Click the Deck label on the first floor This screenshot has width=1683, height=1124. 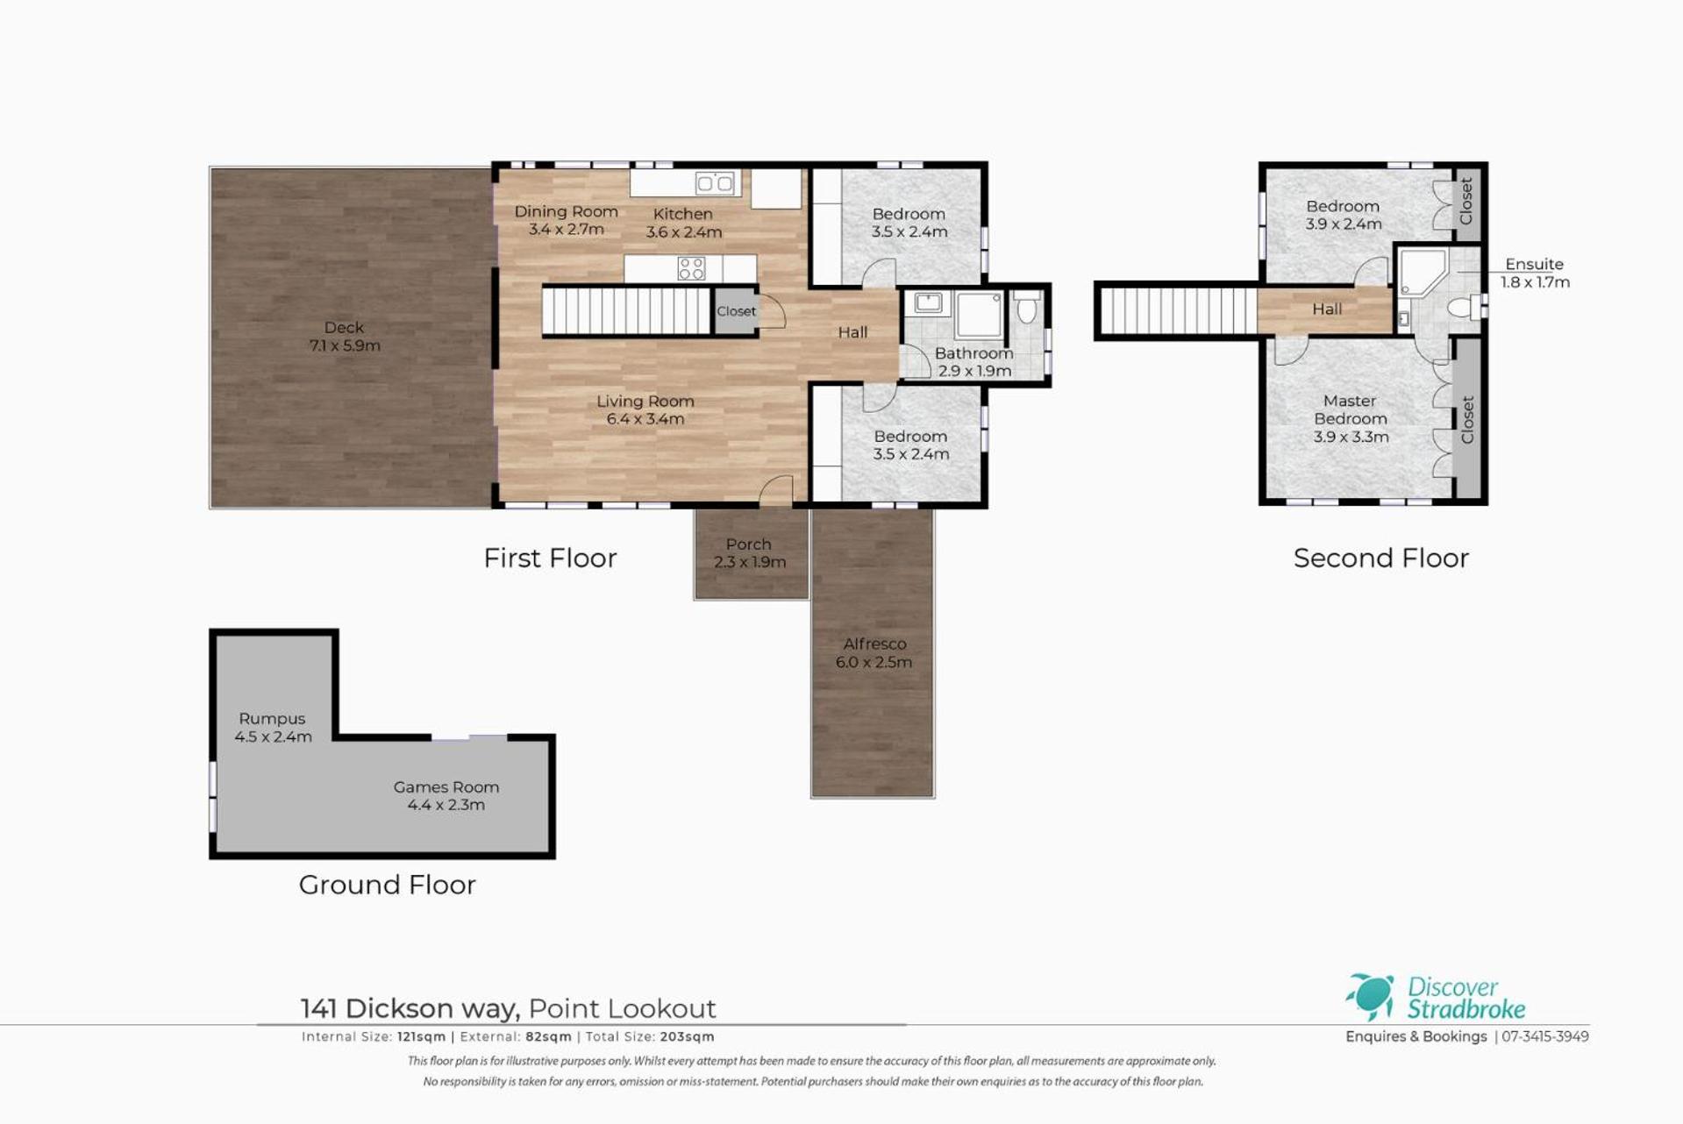click(x=344, y=327)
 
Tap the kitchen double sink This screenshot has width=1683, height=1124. click(x=715, y=182)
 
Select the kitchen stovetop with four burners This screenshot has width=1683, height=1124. click(x=691, y=268)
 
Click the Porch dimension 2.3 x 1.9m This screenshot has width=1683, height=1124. click(x=750, y=562)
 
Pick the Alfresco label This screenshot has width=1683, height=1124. click(x=874, y=644)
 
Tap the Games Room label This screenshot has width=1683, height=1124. click(x=446, y=787)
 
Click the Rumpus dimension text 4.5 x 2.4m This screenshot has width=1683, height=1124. click(x=273, y=736)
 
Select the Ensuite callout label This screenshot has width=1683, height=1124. click(x=1534, y=264)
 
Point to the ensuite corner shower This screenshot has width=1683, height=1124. click(x=1421, y=273)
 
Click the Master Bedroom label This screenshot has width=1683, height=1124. click(x=1350, y=409)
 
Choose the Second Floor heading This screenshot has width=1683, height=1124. click(x=1380, y=558)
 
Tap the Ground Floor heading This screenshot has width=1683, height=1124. click(x=387, y=885)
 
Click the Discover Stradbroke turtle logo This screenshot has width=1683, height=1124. click(x=1370, y=997)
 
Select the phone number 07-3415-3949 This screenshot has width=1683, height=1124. click(x=1545, y=1036)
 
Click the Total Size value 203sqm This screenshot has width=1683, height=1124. click(x=687, y=1036)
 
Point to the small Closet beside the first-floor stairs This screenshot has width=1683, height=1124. click(x=736, y=311)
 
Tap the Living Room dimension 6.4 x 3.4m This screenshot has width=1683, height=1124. click(x=645, y=419)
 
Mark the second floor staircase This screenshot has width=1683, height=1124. click(x=1178, y=310)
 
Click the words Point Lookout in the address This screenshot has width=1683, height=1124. click(x=623, y=1008)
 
